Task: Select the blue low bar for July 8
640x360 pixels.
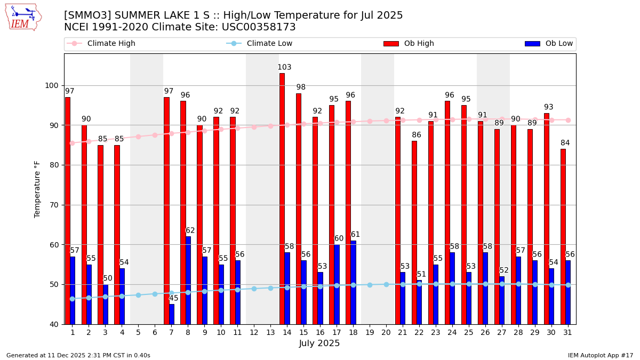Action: (188, 280)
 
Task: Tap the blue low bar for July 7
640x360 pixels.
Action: (171, 314)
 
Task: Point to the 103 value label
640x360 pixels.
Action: (284, 68)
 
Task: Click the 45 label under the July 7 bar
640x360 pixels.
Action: (174, 298)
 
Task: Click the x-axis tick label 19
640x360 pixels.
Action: (370, 332)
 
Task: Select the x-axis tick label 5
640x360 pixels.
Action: (138, 332)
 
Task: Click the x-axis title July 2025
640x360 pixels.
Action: (319, 343)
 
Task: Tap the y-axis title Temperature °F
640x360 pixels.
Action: (37, 189)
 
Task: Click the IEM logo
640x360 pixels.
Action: (23, 17)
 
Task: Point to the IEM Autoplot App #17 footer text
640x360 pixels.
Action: (600, 355)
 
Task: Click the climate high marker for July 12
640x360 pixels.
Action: (254, 127)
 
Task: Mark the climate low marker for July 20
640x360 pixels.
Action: (386, 284)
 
